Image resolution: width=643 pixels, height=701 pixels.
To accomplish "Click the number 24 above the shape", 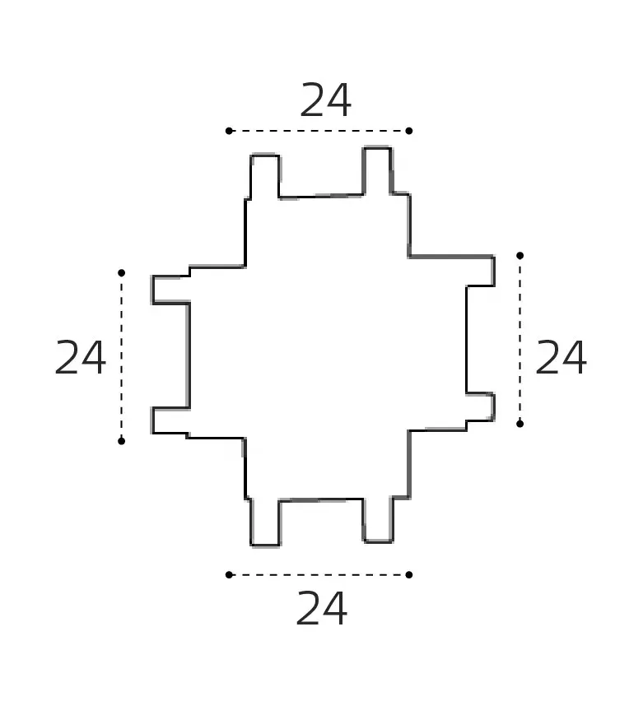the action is click(325, 100).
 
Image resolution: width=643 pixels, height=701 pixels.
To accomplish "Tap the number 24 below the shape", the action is click(321, 608).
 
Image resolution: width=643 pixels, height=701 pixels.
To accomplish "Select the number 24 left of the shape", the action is click(80, 357).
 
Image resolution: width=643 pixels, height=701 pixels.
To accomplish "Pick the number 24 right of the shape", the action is click(561, 357).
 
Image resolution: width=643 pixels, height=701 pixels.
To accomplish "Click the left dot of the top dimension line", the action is click(229, 131).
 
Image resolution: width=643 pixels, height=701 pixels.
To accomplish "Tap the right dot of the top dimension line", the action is click(409, 131).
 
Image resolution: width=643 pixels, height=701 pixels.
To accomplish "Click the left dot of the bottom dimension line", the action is click(229, 574).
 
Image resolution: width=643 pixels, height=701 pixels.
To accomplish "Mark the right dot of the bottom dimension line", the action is click(409, 574).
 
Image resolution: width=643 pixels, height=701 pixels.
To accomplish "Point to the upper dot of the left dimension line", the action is click(121, 272).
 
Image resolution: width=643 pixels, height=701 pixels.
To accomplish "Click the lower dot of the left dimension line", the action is click(121, 441).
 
